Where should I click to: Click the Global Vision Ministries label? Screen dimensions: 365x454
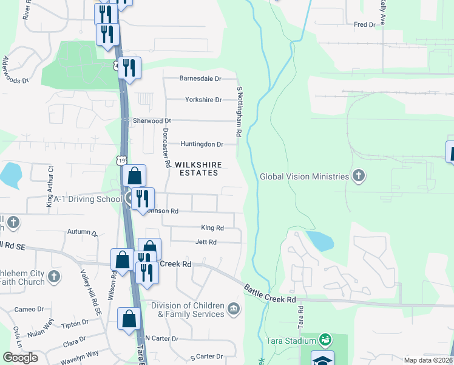click(x=305, y=176)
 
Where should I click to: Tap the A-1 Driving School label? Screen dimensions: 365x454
click(x=87, y=199)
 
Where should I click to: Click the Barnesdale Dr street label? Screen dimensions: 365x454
click(x=200, y=78)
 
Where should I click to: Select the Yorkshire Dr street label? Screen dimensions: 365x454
click(x=202, y=99)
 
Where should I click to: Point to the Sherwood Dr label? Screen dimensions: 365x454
click(x=153, y=121)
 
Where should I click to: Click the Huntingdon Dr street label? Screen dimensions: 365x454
click(x=202, y=144)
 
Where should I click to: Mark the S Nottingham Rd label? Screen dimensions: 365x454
click(x=239, y=111)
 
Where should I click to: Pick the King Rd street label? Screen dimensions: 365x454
click(x=212, y=228)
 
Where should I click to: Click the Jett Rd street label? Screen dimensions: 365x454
click(x=206, y=242)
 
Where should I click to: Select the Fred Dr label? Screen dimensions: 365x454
click(x=365, y=24)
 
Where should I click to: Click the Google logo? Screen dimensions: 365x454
click(x=20, y=357)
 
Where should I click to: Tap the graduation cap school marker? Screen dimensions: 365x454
click(x=322, y=359)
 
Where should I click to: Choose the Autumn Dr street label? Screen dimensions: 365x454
click(x=83, y=232)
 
